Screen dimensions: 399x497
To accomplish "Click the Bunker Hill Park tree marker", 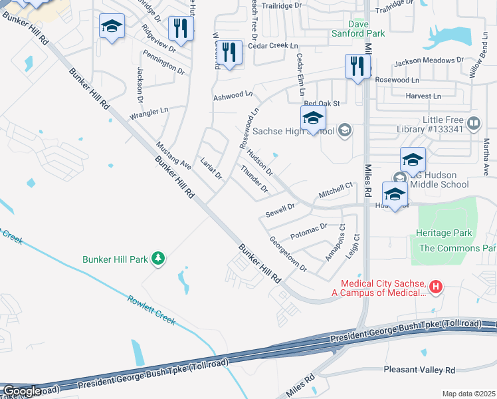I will tap(158, 258).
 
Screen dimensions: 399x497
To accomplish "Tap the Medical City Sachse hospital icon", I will tap(435, 287).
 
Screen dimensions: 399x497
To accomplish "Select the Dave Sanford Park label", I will tap(359, 27).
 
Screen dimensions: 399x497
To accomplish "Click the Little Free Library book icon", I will tap(473, 123).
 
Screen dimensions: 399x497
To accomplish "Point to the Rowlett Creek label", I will tap(152, 310).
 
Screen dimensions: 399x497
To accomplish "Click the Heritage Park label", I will tap(444, 233).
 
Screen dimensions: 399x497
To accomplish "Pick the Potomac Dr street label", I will tap(310, 232).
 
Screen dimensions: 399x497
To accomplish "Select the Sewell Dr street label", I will tap(280, 211).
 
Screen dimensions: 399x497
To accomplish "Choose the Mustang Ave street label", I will tap(173, 155).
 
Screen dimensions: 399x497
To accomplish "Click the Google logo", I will tap(22, 391).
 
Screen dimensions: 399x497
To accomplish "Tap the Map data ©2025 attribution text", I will tap(468, 394).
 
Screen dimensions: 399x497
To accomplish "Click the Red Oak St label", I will tap(322, 104).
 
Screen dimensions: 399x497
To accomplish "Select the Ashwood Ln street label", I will tap(233, 96).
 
